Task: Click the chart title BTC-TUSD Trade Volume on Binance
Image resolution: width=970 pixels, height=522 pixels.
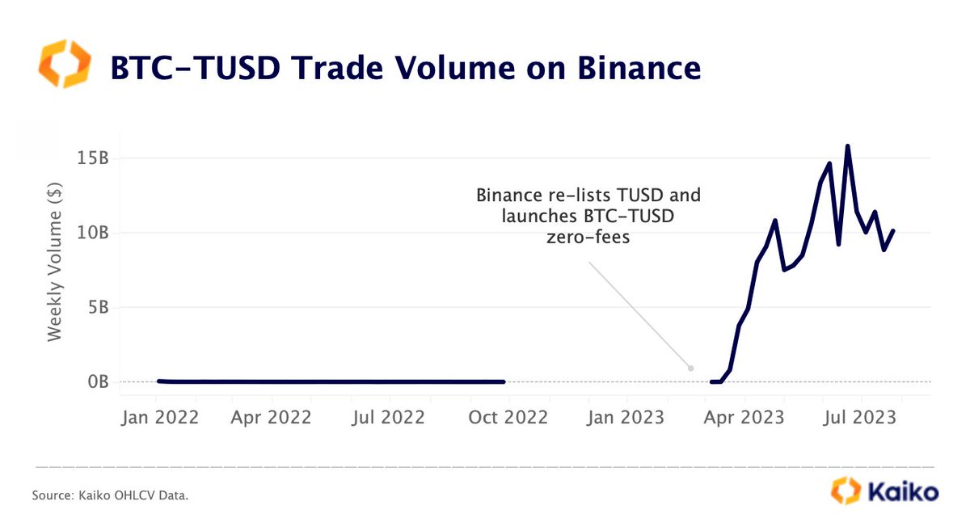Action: tap(404, 68)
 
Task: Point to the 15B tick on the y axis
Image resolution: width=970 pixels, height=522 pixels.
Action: tap(93, 158)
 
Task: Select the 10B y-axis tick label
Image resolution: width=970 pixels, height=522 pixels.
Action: tap(93, 233)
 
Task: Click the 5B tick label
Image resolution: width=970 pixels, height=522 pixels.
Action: tap(98, 307)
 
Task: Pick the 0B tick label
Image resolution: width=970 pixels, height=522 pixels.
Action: tap(98, 381)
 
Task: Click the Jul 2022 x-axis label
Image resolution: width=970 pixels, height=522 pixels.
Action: tap(390, 418)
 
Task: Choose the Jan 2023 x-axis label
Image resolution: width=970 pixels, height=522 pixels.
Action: tap(625, 418)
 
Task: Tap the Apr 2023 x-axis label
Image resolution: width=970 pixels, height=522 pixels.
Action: tap(744, 418)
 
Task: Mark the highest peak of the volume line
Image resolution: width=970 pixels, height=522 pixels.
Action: tap(847, 146)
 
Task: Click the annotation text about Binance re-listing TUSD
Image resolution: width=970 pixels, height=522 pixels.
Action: tap(588, 217)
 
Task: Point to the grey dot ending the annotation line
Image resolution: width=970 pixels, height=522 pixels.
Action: tap(690, 368)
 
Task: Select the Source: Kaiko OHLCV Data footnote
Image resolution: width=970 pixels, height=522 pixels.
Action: tap(110, 495)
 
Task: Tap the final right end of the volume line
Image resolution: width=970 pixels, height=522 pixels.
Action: tap(893, 230)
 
